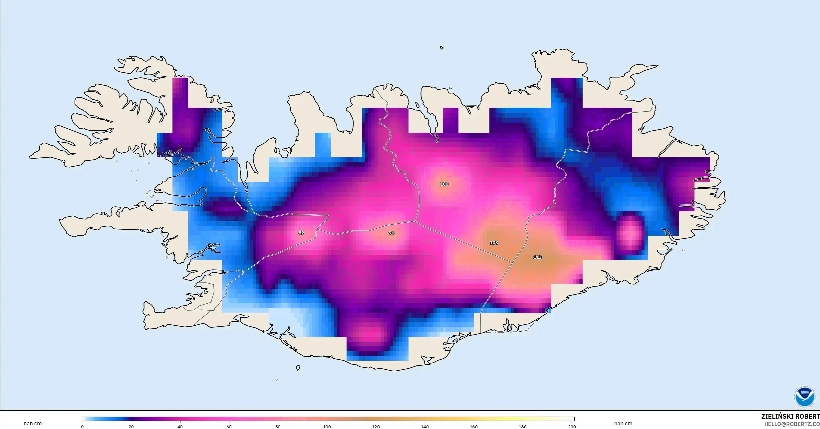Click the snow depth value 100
point(444,184)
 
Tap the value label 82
point(301,233)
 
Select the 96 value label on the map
point(392,233)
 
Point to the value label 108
point(494,243)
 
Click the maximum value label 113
point(537,257)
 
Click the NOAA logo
point(804,397)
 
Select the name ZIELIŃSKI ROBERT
point(790,417)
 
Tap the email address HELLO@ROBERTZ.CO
point(792,424)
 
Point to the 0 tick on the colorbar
point(82,427)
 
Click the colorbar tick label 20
point(131,427)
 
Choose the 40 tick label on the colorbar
point(180,427)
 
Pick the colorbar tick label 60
point(229,427)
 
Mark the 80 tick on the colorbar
point(278,427)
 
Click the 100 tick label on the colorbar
point(327,427)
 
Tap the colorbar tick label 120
point(376,427)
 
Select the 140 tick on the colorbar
point(425,427)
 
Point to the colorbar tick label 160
point(474,427)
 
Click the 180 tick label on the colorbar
point(523,427)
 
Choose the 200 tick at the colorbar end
point(572,427)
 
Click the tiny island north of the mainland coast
point(442,48)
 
